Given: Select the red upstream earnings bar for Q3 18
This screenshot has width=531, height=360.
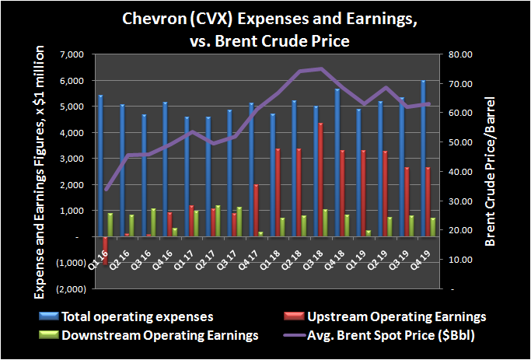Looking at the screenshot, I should [320, 180].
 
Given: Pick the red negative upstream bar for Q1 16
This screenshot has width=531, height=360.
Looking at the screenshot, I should [106, 250].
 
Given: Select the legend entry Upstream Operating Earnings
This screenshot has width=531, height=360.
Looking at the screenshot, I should [407, 316].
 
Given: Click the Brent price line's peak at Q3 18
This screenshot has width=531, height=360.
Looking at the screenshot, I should [320, 69].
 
